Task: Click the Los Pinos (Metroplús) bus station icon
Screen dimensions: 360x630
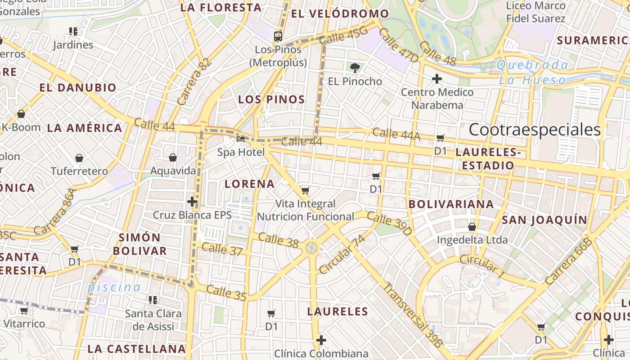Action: [x=278, y=36]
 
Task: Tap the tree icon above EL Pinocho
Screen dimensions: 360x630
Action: [x=355, y=68]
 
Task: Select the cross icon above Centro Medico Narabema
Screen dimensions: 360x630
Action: [x=436, y=79]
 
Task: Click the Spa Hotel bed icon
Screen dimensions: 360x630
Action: [x=241, y=139]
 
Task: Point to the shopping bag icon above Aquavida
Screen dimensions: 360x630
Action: [x=172, y=157]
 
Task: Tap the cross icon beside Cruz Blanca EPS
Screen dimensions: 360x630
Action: [x=192, y=202]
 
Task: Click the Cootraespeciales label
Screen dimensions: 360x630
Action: [x=535, y=130]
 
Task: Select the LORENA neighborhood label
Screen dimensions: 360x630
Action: [x=249, y=184]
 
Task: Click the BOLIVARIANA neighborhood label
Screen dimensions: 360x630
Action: [x=451, y=204]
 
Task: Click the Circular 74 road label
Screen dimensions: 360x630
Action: [x=342, y=254]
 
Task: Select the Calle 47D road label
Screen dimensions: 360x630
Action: [x=398, y=45]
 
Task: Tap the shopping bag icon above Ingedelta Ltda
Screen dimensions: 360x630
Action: [x=472, y=227]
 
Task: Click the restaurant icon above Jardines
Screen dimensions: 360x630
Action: [x=73, y=31]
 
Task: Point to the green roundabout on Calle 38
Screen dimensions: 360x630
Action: [x=311, y=247]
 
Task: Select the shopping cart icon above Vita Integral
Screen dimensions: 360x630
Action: [x=305, y=190]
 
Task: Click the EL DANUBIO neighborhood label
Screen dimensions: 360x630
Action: [x=78, y=87]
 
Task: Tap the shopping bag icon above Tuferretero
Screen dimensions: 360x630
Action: [x=79, y=158]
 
